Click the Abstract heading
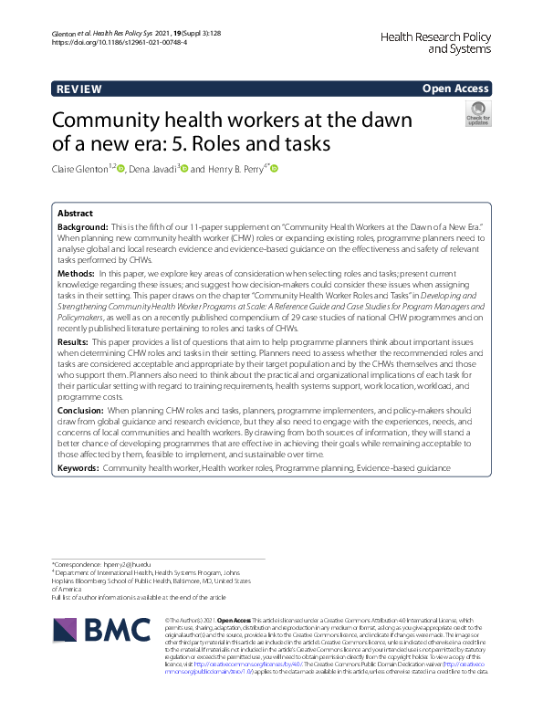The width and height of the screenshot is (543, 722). click(76, 211)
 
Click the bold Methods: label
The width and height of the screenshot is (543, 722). click(77, 273)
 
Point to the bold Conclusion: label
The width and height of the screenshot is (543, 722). click(81, 412)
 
